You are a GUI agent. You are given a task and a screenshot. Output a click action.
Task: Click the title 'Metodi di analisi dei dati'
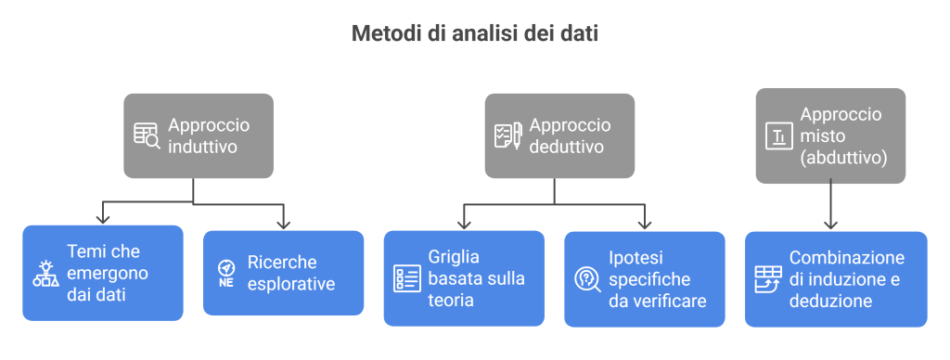pyautogui.click(x=474, y=34)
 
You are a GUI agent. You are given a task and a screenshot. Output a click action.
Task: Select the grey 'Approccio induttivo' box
pyautogui.click(x=199, y=135)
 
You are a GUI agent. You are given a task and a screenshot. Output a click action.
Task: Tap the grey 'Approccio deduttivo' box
pyautogui.click(x=558, y=135)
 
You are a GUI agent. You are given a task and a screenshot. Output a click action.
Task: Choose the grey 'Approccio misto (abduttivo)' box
pyautogui.click(x=829, y=135)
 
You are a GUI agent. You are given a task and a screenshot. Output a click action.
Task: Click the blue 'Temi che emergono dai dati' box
pyautogui.click(x=102, y=273)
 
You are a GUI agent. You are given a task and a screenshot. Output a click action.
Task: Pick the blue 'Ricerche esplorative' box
pyautogui.click(x=283, y=273)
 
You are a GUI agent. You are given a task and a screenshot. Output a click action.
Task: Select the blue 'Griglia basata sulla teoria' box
pyautogui.click(x=463, y=277)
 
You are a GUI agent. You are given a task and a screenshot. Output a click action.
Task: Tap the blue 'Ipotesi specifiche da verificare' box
pyautogui.click(x=644, y=278)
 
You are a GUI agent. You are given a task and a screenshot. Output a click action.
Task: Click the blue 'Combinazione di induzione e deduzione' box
pyautogui.click(x=835, y=278)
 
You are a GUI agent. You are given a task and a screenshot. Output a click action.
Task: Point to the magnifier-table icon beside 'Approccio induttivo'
pyautogui.click(x=147, y=136)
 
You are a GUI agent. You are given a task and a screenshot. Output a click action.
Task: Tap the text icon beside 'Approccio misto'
pyautogui.click(x=778, y=137)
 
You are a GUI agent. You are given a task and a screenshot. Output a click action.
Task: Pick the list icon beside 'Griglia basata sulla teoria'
pyautogui.click(x=406, y=277)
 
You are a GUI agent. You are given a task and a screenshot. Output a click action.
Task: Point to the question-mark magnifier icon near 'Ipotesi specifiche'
pyautogui.click(x=587, y=278)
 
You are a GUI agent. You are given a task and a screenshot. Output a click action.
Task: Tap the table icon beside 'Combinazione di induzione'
pyautogui.click(x=767, y=278)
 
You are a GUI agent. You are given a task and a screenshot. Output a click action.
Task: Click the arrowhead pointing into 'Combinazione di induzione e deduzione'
pyautogui.click(x=830, y=224)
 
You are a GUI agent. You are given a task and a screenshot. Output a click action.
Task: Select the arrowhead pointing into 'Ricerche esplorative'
pyautogui.click(x=284, y=223)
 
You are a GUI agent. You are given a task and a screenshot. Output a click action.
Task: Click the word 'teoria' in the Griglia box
pyautogui.click(x=451, y=301)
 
